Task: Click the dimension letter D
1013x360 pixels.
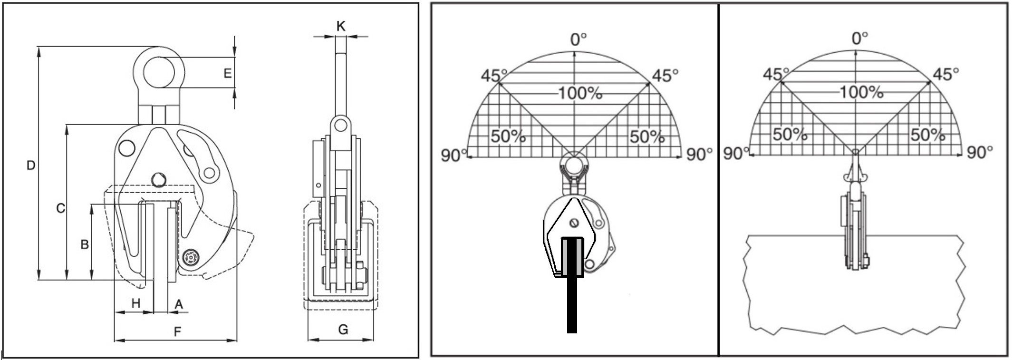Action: [x=30, y=165]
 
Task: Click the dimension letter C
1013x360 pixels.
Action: [x=60, y=208]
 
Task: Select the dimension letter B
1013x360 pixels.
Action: [x=85, y=244]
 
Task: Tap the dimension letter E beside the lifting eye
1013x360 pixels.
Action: [x=227, y=73]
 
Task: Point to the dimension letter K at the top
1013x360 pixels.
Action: [x=341, y=26]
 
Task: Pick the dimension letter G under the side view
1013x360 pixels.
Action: [x=343, y=329]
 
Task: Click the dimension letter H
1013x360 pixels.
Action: [x=136, y=303]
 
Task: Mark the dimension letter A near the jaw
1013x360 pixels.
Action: [x=179, y=304]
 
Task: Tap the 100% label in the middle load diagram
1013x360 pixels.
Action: [x=579, y=93]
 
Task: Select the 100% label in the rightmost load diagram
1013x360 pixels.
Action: [x=861, y=92]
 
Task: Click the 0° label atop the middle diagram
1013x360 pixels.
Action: [x=579, y=39]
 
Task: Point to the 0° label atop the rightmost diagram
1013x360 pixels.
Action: [x=859, y=38]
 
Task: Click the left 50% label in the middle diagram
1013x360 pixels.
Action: [x=508, y=136]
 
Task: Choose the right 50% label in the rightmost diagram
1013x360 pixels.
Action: [x=927, y=135]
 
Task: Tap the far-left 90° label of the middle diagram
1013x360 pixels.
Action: [x=453, y=155]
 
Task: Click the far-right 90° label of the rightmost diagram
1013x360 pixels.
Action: [x=979, y=152]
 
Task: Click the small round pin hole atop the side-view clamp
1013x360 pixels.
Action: [x=339, y=126]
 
